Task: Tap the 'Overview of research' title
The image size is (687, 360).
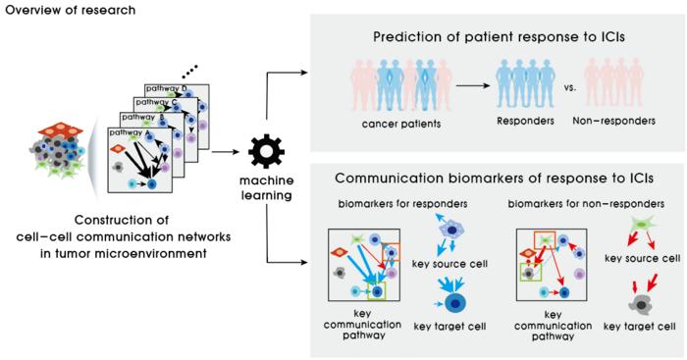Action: coord(71,10)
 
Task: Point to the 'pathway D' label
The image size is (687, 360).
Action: coord(167,88)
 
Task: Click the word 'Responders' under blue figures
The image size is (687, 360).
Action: coord(525,121)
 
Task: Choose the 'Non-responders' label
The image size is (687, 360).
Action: coord(613,121)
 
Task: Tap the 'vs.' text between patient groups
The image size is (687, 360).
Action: coord(570,87)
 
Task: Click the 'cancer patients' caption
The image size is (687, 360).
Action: coord(401,124)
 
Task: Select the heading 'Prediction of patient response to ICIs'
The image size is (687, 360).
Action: coord(499,37)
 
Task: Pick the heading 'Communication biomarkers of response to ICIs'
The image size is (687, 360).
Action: coord(495,179)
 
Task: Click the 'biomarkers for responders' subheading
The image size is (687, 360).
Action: coord(402,204)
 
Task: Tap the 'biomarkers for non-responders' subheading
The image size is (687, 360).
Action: coord(586,204)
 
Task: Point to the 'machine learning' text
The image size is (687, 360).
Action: coord(267,187)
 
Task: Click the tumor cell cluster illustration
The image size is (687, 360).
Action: coord(57,151)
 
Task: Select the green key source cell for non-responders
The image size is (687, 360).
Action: coord(642,225)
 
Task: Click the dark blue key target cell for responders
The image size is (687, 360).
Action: coord(454,303)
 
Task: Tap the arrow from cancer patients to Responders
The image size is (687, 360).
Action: coord(473,85)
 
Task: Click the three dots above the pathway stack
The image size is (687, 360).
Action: coord(190,70)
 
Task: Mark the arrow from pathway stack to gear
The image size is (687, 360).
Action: coord(226,152)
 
